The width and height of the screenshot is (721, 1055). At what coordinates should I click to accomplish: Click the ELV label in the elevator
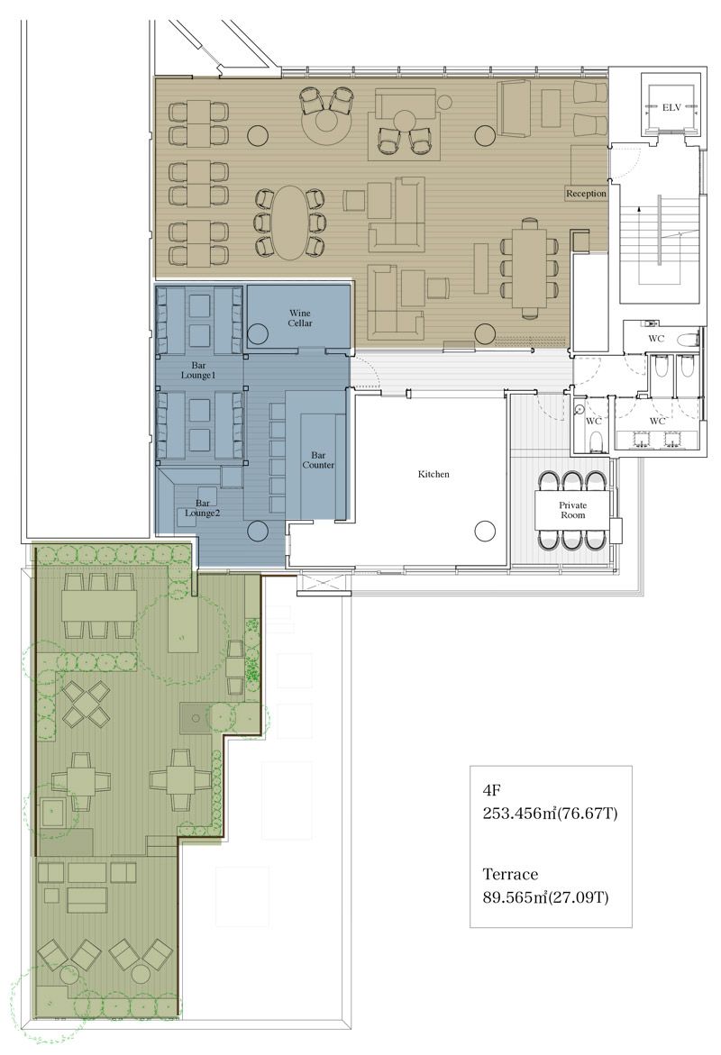click(x=671, y=107)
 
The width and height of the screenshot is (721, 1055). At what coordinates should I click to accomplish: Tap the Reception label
click(x=586, y=194)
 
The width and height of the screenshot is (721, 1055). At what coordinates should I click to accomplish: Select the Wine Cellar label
click(x=300, y=318)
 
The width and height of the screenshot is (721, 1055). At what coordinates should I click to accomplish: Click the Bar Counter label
click(x=318, y=460)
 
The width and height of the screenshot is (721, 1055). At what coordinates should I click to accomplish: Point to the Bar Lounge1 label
click(x=198, y=370)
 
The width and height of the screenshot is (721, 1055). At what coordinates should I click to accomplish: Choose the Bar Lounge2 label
click(x=203, y=508)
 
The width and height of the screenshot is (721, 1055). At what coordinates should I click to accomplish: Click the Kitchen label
click(x=434, y=475)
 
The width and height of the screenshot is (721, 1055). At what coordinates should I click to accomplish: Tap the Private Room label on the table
click(x=573, y=510)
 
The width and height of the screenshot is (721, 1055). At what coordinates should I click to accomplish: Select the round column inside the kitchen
click(x=485, y=531)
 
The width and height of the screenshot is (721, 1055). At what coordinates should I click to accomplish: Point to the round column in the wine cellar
click(x=258, y=333)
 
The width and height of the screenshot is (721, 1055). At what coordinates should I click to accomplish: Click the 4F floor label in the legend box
click(x=492, y=791)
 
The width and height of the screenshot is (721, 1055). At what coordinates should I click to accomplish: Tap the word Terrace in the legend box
click(x=510, y=875)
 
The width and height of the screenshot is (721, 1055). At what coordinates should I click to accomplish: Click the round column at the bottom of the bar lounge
click(x=258, y=532)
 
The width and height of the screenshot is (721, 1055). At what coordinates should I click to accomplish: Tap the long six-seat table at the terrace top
click(x=99, y=605)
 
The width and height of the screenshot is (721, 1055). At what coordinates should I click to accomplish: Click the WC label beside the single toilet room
click(x=594, y=422)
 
